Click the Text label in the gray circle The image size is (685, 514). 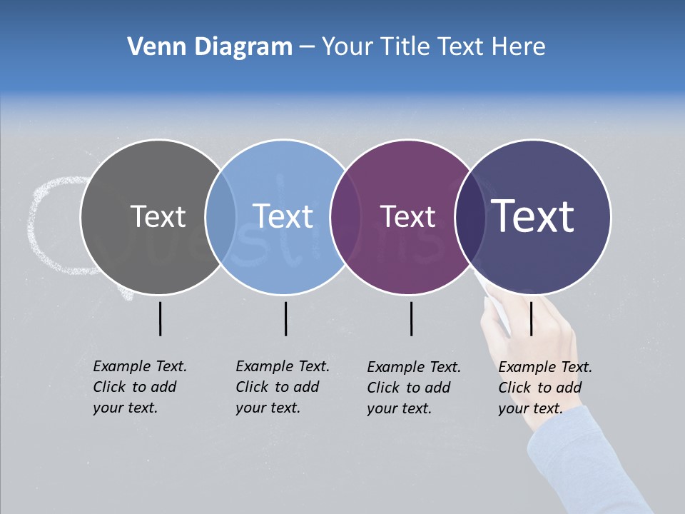click(158, 216)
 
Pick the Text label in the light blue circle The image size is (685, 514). click(283, 216)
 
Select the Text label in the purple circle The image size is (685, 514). click(407, 216)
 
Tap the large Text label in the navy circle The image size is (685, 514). click(533, 216)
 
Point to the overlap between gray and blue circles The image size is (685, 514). click(220, 217)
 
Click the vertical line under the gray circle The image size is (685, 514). click(161, 318)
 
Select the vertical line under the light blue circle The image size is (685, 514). click(286, 318)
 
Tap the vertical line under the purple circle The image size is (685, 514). click(412, 318)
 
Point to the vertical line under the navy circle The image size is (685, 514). click(532, 318)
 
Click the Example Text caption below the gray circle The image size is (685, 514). click(139, 387)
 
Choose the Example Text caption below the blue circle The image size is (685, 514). click(282, 387)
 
